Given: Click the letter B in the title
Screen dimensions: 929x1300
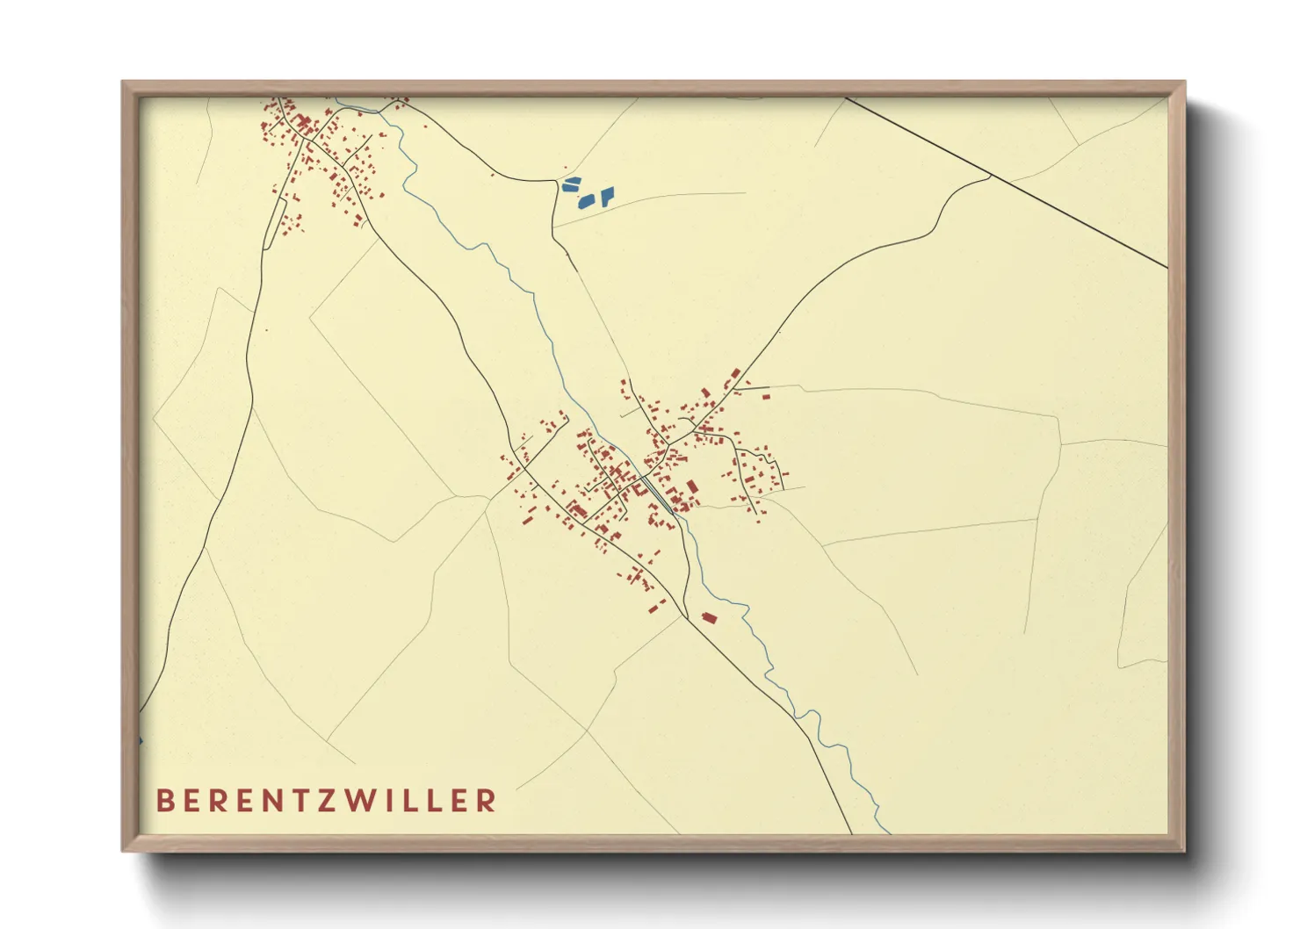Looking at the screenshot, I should [164, 801].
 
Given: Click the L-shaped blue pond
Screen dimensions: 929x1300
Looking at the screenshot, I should [607, 193].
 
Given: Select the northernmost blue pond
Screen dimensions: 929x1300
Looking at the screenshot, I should [571, 180].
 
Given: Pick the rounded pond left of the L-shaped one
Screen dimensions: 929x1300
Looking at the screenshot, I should [585, 202].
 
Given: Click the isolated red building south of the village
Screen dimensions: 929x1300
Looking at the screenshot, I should [709, 618].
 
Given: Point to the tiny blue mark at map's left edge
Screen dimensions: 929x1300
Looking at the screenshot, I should [141, 741].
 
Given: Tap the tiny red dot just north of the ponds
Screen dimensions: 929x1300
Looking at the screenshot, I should [565, 169].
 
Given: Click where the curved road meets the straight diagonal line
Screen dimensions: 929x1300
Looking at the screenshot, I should [991, 176].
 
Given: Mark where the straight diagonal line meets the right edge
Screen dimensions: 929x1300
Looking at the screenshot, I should [1166, 267].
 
